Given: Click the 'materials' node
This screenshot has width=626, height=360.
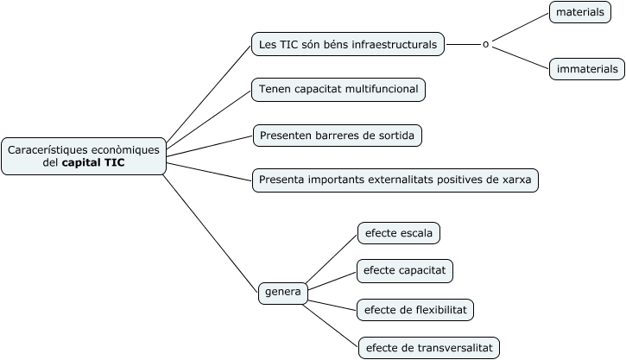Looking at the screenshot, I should [579, 12].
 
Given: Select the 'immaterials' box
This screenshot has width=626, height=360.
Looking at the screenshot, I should [587, 69].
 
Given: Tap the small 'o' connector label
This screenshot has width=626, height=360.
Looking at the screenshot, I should [485, 44].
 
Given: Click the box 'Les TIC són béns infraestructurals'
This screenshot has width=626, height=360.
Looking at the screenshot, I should [348, 44].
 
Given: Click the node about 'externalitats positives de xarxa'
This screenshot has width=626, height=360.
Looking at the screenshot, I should [395, 180].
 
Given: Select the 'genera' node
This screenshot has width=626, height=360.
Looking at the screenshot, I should [283, 293].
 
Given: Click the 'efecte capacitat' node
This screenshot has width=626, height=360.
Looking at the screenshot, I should [405, 270].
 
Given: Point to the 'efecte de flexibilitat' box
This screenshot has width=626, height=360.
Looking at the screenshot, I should [415, 309].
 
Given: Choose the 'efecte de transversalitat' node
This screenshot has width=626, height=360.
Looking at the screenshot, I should [428, 348].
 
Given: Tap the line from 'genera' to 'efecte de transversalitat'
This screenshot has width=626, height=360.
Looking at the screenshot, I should [332, 322].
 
